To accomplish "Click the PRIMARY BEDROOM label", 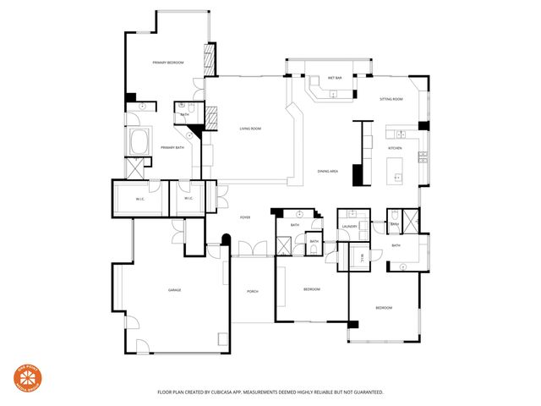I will point(168,63).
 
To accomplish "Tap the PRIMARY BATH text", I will point(173,148).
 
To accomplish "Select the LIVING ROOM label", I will point(249,129).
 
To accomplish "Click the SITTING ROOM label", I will point(391,100).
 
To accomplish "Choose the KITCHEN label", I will point(396,148).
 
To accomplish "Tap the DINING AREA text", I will point(327,172).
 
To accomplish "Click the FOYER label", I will point(245,217).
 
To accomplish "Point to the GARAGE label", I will point(174,290).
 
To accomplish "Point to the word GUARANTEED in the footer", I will point(366,392).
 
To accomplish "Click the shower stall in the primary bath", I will point(136,167).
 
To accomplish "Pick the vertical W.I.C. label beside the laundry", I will point(362,258).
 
